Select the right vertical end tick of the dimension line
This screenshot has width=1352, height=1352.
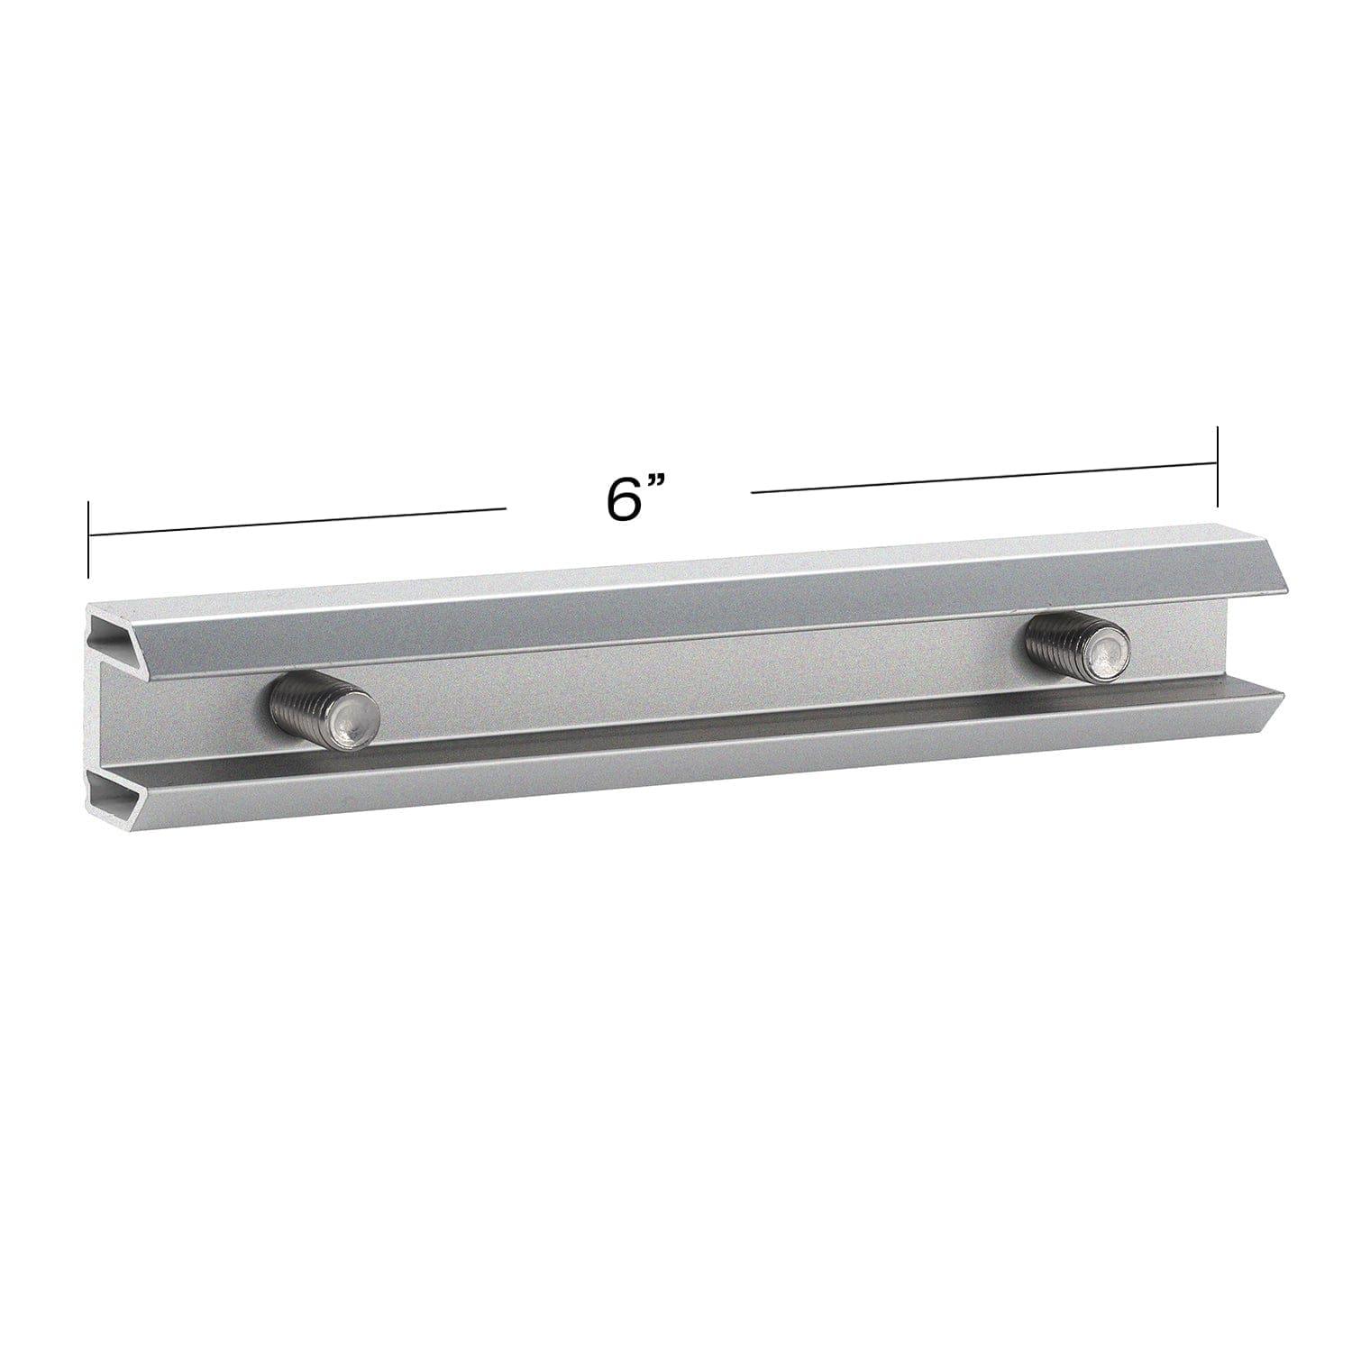click(x=1218, y=468)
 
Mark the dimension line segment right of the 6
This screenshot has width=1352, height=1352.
click(x=982, y=479)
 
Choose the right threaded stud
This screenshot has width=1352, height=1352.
click(x=1078, y=646)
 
